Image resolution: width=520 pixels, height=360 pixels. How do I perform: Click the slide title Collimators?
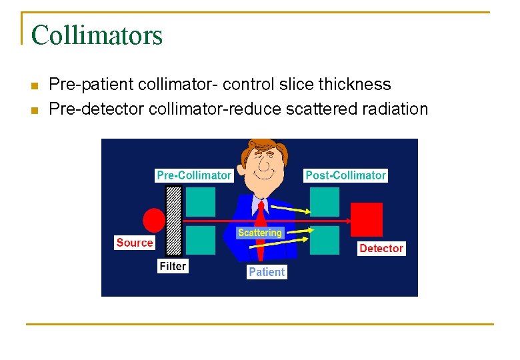pos(97,35)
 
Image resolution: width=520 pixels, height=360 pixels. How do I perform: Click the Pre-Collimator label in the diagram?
pos(193,175)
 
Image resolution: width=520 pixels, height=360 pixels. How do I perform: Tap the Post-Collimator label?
pos(345,175)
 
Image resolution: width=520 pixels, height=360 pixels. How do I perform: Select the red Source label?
pos(135,243)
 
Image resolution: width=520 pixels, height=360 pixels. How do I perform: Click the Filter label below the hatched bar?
pos(173,266)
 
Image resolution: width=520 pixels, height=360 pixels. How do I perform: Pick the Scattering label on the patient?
pos(260,233)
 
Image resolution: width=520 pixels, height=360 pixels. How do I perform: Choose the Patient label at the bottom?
pos(267,272)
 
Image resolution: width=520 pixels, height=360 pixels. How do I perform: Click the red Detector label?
pos(381,248)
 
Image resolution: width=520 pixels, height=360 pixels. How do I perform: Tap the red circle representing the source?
pos(154,220)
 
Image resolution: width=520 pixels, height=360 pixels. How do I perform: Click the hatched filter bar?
pos(173,220)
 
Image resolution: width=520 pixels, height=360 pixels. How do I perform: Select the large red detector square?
pos(367,220)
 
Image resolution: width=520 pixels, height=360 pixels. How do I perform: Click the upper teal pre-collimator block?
pos(201,201)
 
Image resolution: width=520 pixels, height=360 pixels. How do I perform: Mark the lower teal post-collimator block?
pos(325,241)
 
